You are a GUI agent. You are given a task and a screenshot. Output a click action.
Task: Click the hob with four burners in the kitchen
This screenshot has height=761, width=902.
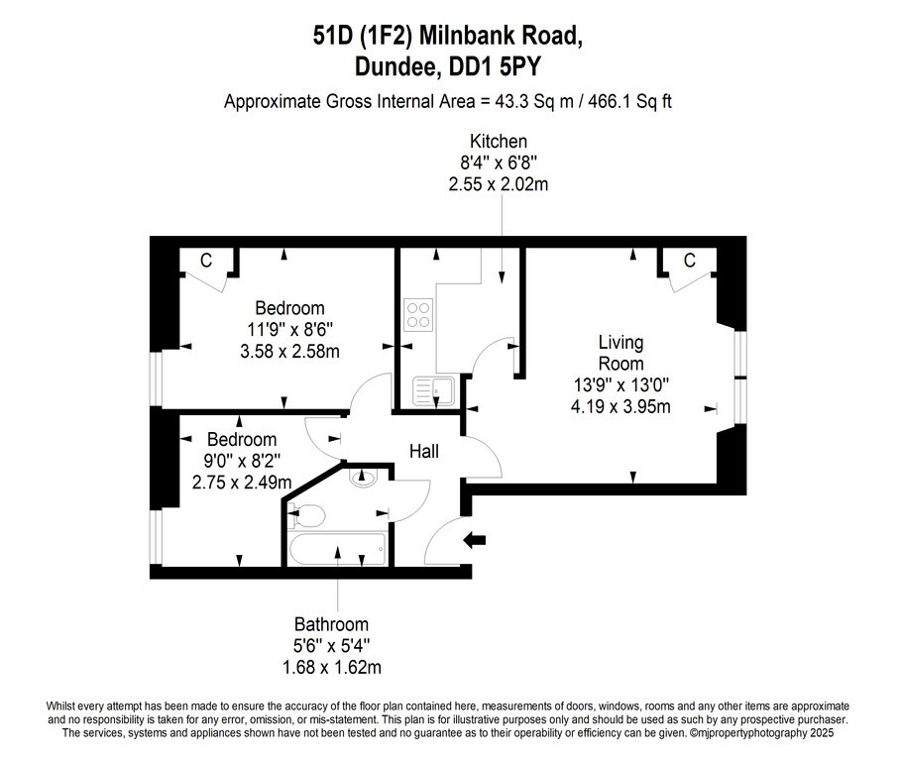coord(418,315)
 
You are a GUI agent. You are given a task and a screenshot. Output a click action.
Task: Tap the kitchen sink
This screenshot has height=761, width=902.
coord(433,390)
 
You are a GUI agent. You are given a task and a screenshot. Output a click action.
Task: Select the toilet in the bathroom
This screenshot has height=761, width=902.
coord(305,515)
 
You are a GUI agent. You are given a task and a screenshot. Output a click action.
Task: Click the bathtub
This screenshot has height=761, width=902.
coord(338,549)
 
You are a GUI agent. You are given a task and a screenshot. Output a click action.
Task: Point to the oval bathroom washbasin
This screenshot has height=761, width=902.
coord(363,477)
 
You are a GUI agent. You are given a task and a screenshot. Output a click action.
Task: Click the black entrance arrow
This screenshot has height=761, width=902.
coord(475,540)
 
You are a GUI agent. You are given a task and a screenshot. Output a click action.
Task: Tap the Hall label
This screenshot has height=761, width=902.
coord(424,452)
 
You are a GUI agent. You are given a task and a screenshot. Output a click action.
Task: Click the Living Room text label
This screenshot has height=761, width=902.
coord(620,353)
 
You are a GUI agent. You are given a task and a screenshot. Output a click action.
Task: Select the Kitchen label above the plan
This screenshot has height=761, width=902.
coord(499,141)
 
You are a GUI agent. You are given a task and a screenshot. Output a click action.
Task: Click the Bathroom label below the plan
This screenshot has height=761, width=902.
coord(331,624)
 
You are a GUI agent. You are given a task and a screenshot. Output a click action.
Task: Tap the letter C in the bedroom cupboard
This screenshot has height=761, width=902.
coord(206,261)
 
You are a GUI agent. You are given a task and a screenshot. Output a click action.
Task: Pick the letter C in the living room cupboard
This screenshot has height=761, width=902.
coord(690,261)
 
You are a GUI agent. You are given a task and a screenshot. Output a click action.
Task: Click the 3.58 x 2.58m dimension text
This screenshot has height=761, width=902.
coord(289,351)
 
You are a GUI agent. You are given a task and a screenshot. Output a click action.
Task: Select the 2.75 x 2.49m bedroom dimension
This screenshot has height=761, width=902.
coord(242,482)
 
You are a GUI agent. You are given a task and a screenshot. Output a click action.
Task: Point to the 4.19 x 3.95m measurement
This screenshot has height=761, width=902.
coord(620,406)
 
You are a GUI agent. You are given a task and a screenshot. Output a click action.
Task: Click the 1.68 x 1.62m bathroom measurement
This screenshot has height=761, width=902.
coord(331,667)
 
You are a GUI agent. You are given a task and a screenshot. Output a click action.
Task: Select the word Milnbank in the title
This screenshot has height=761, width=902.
coord(468,36)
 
